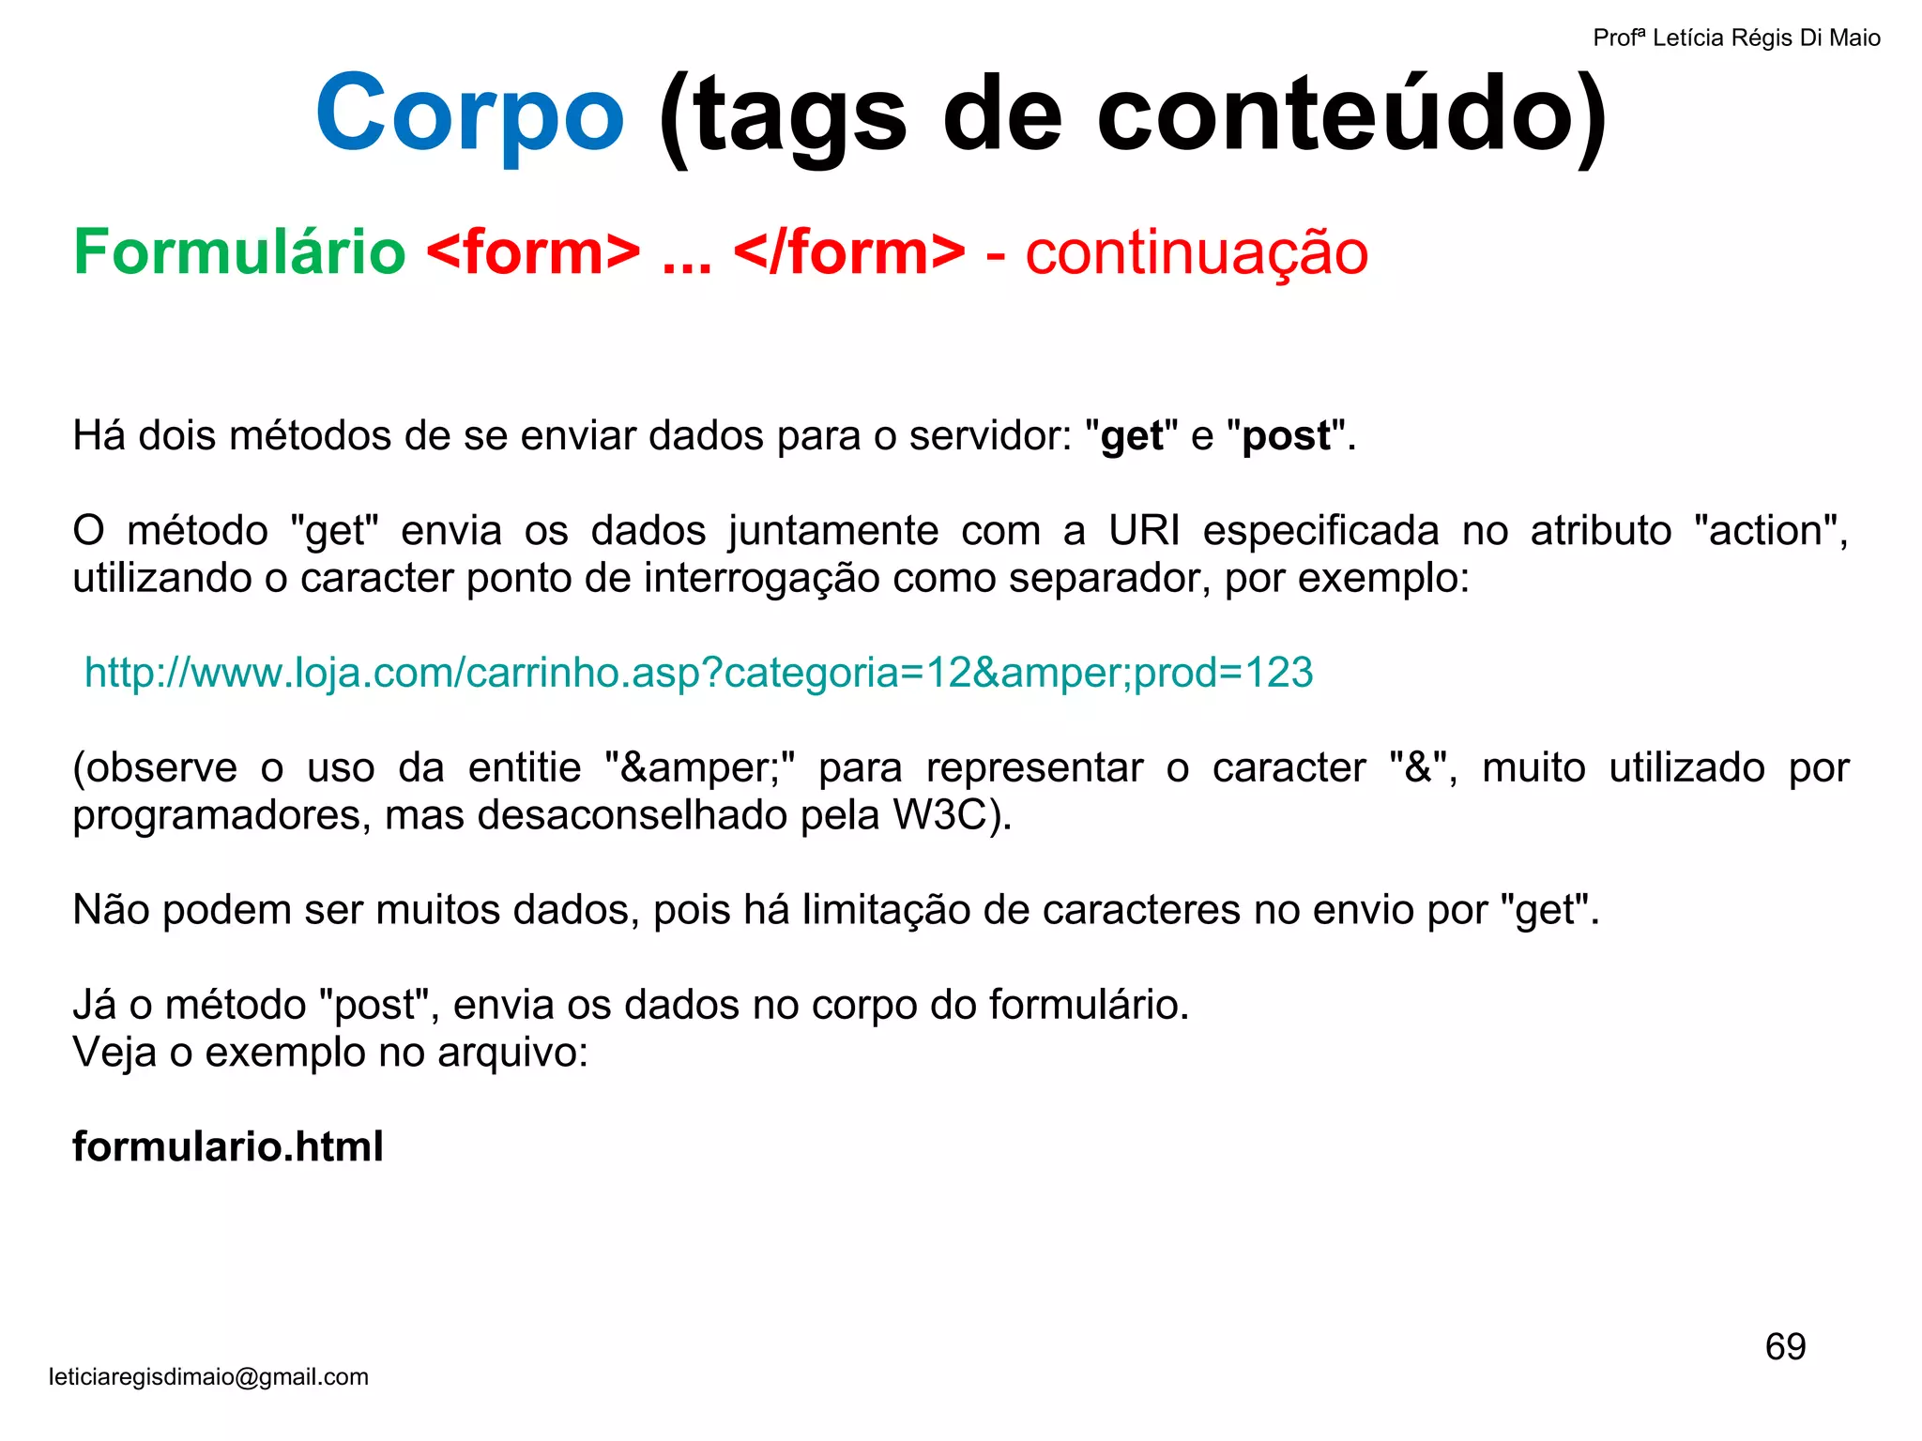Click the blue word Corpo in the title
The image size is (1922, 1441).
tap(469, 114)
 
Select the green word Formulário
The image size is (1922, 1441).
tap(239, 252)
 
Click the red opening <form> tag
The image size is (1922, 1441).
tap(533, 252)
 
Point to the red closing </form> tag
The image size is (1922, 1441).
tap(849, 252)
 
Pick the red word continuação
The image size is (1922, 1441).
tap(1197, 252)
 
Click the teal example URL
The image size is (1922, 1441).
tap(698, 673)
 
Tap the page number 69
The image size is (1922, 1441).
tap(1785, 1347)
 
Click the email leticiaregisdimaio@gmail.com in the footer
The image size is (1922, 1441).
tap(208, 1377)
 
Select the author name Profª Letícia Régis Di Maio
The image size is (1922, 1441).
tap(1736, 38)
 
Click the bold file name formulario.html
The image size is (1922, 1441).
tap(228, 1146)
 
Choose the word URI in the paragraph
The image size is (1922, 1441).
tap(1144, 531)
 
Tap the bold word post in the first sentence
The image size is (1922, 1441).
tap(1286, 436)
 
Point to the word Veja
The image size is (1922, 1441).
tap(114, 1053)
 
